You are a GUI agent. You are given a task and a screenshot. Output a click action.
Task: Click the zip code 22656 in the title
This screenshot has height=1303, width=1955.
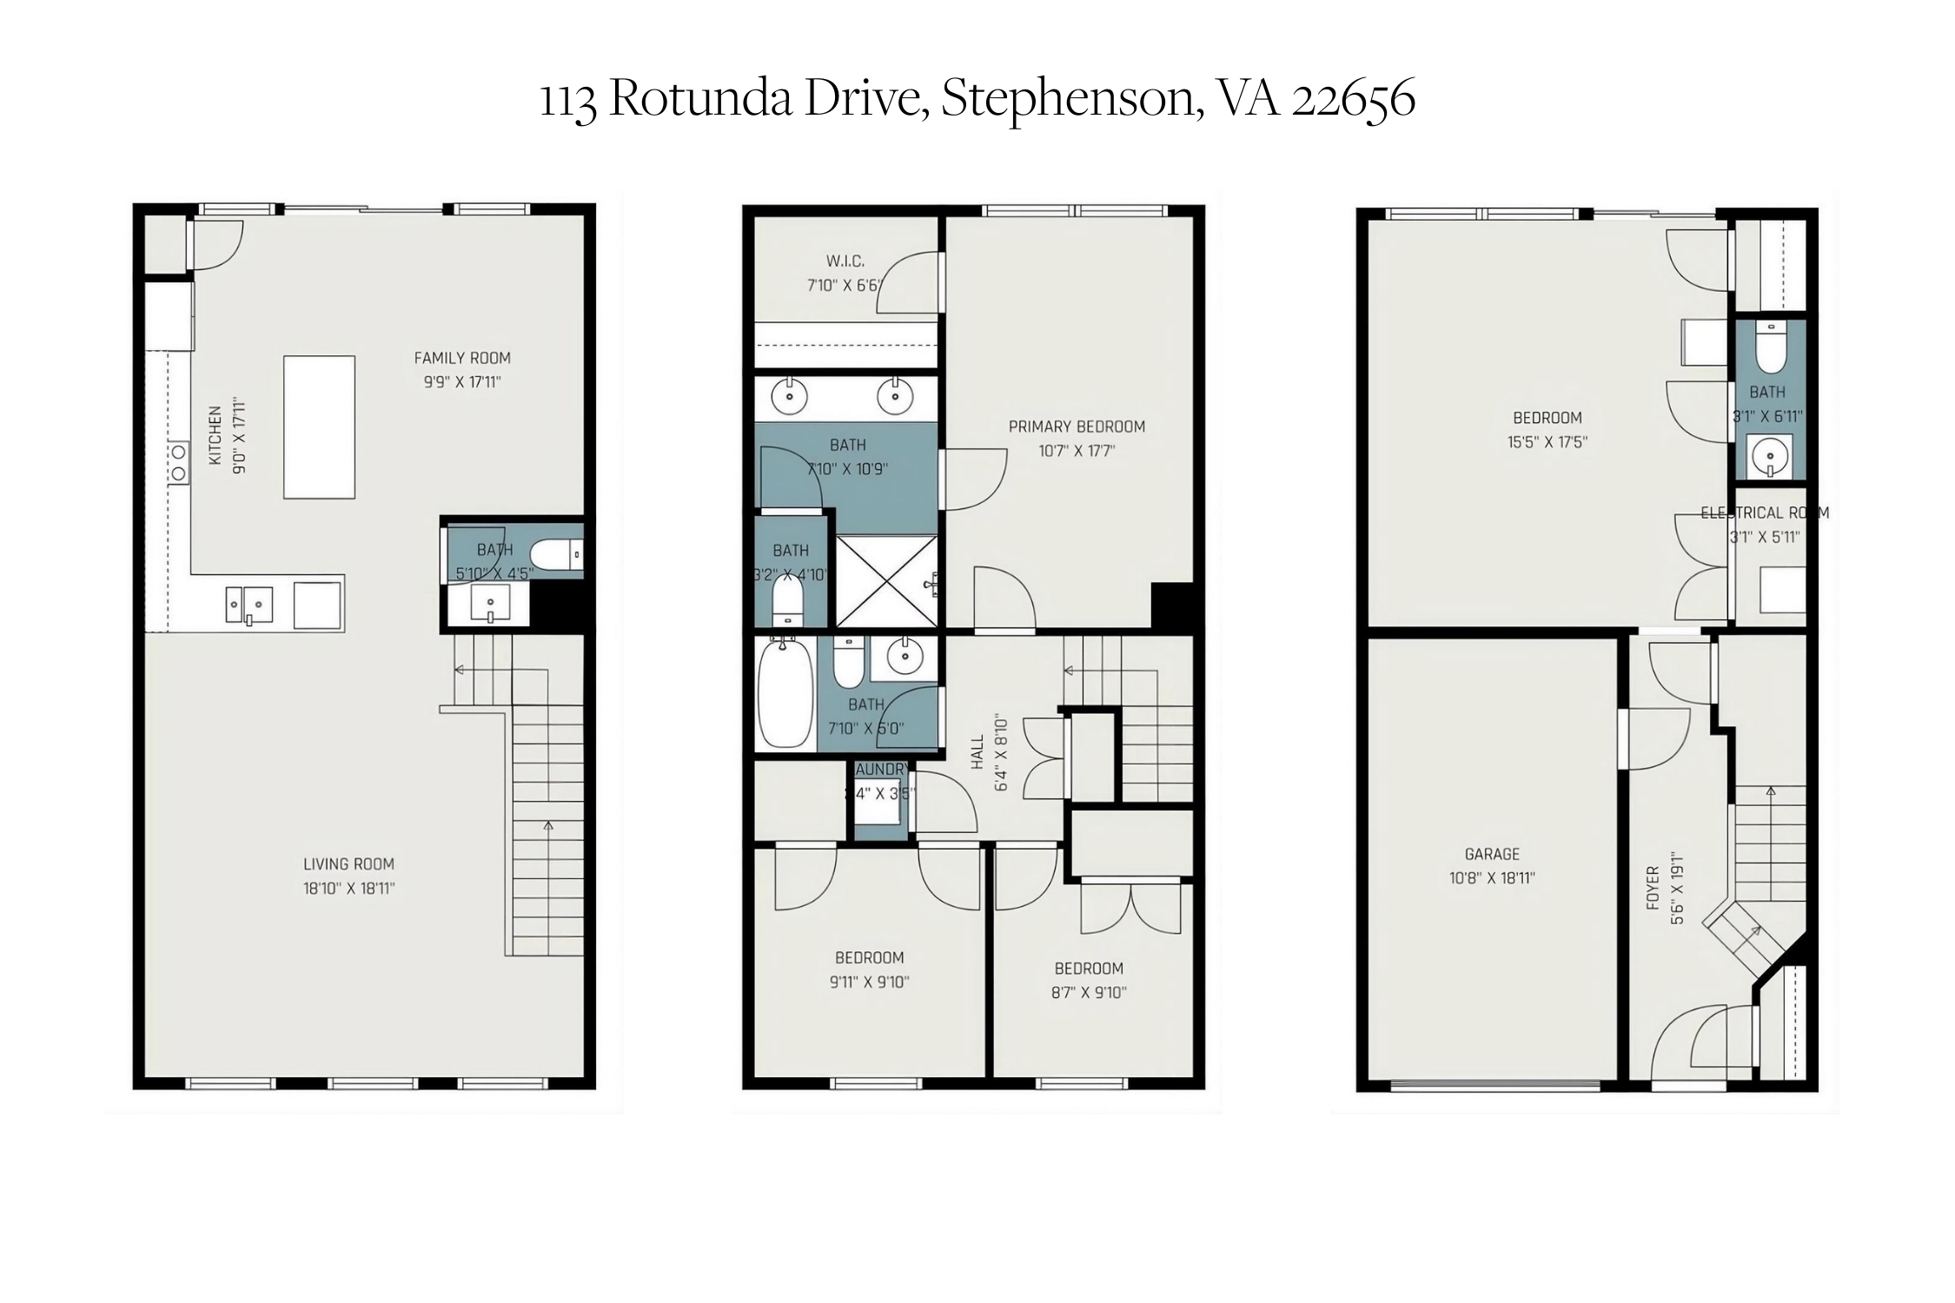pyautogui.click(x=1353, y=98)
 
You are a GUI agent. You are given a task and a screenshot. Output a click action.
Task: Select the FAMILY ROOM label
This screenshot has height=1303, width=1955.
pyautogui.click(x=461, y=358)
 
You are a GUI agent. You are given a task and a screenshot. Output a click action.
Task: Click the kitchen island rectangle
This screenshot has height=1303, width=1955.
pyautogui.click(x=319, y=427)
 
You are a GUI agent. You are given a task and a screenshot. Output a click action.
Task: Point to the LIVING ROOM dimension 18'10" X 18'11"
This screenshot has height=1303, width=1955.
pyautogui.click(x=348, y=888)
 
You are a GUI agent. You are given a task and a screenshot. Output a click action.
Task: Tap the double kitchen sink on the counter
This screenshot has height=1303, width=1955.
pyautogui.click(x=249, y=605)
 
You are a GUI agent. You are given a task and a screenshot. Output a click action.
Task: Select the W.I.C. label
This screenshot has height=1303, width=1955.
pyautogui.click(x=845, y=261)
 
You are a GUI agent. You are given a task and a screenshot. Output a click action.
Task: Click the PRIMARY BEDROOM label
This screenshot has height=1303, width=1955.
pyautogui.click(x=1076, y=427)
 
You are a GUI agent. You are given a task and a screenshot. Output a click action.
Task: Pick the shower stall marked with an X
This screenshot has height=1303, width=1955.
pyautogui.click(x=886, y=580)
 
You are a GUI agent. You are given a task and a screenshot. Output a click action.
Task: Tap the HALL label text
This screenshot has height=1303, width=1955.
pyautogui.click(x=977, y=751)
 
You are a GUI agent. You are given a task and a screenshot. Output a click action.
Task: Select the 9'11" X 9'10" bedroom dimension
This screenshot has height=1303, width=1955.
pyautogui.click(x=869, y=982)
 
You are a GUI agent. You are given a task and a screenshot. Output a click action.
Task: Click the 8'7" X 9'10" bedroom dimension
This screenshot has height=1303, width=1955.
pyautogui.click(x=1088, y=993)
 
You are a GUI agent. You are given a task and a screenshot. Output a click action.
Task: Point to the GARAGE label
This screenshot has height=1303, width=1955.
pyautogui.click(x=1491, y=854)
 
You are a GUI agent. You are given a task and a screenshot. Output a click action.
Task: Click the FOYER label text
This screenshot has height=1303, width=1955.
pyautogui.click(x=1653, y=888)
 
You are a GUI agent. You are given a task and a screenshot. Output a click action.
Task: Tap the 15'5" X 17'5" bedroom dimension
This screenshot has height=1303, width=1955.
pyautogui.click(x=1547, y=441)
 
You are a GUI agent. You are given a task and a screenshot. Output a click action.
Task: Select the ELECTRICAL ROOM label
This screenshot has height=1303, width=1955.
pyautogui.click(x=1764, y=513)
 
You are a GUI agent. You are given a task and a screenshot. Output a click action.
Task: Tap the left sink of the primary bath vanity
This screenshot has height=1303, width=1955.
pyautogui.click(x=789, y=398)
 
